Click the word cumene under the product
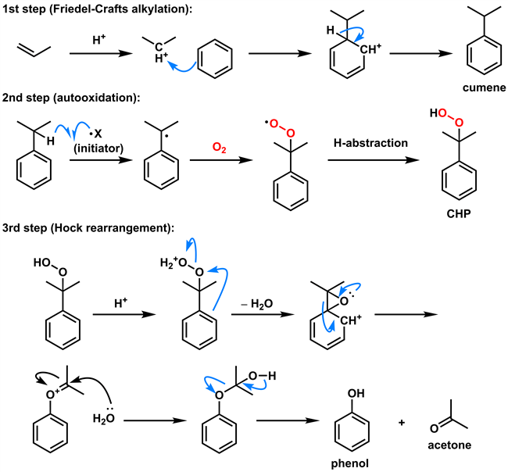484,88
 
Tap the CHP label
459,214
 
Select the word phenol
350,463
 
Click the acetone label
449,445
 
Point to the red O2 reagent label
219,148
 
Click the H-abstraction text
370,143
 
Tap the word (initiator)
98,148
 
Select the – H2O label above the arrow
257,304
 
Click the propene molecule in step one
34,51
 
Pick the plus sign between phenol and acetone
402,423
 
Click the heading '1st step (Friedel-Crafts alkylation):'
98,9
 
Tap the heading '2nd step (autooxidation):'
71,98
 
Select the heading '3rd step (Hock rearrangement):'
88,228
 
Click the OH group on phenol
356,393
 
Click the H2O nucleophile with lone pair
104,417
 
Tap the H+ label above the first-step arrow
98,40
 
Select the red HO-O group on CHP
447,117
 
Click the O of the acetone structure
434,428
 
